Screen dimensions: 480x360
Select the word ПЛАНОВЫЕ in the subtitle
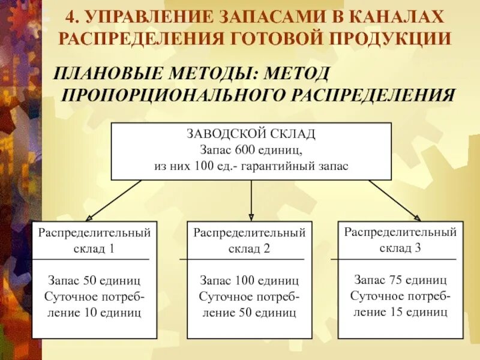point(106,74)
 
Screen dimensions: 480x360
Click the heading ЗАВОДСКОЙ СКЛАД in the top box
point(251,134)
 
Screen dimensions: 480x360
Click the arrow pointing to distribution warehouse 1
point(114,200)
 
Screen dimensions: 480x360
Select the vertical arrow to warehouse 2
point(251,200)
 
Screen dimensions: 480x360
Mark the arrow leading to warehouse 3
point(394,200)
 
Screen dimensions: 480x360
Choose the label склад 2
point(250,248)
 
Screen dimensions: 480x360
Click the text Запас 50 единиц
point(95,281)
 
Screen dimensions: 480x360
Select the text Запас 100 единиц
point(250,281)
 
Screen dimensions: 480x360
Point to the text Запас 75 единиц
point(400,280)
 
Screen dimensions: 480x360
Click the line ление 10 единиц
point(95,313)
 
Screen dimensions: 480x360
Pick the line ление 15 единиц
point(400,312)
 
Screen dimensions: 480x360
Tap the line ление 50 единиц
point(250,313)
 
